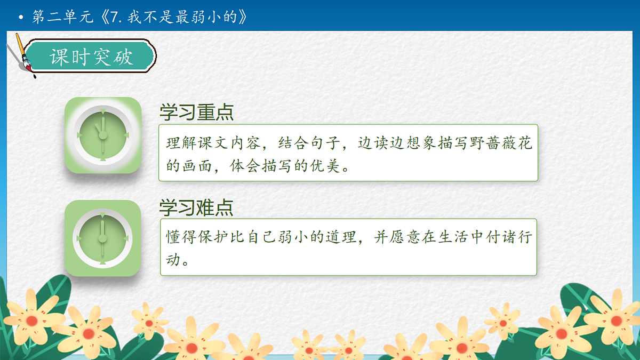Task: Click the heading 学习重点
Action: point(196,113)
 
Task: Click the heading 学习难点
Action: point(196,207)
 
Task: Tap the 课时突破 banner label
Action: point(91,57)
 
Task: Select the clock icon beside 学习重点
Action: point(102,135)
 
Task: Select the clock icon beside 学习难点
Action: point(102,238)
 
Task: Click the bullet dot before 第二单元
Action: point(21,18)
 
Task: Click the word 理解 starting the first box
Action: point(179,143)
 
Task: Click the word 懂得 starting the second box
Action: point(179,237)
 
